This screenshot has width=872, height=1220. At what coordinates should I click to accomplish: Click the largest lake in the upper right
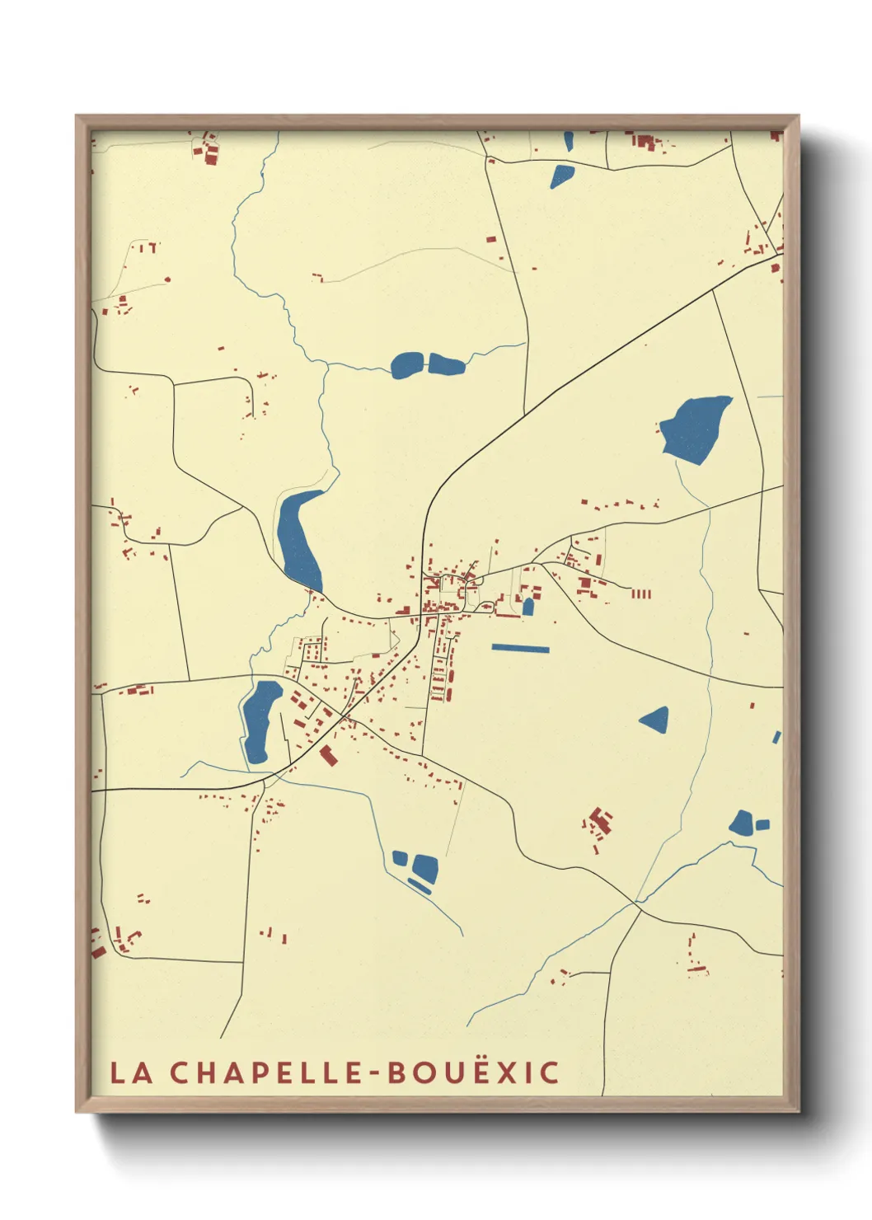click(x=695, y=429)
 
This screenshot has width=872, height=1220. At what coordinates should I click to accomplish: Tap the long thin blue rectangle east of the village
click(x=520, y=649)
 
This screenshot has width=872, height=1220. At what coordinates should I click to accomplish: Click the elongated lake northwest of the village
click(x=298, y=540)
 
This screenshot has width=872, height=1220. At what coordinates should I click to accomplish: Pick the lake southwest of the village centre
click(x=260, y=720)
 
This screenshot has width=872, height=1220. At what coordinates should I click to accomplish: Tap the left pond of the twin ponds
click(x=406, y=364)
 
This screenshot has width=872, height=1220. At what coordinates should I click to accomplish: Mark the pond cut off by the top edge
click(x=568, y=140)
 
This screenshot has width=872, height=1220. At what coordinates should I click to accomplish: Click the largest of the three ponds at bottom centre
click(x=424, y=866)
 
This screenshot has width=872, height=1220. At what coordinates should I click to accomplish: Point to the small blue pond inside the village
click(x=528, y=607)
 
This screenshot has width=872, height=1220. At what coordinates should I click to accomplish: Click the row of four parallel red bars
click(x=640, y=594)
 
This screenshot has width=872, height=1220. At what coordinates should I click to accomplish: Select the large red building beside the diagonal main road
click(x=329, y=755)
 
